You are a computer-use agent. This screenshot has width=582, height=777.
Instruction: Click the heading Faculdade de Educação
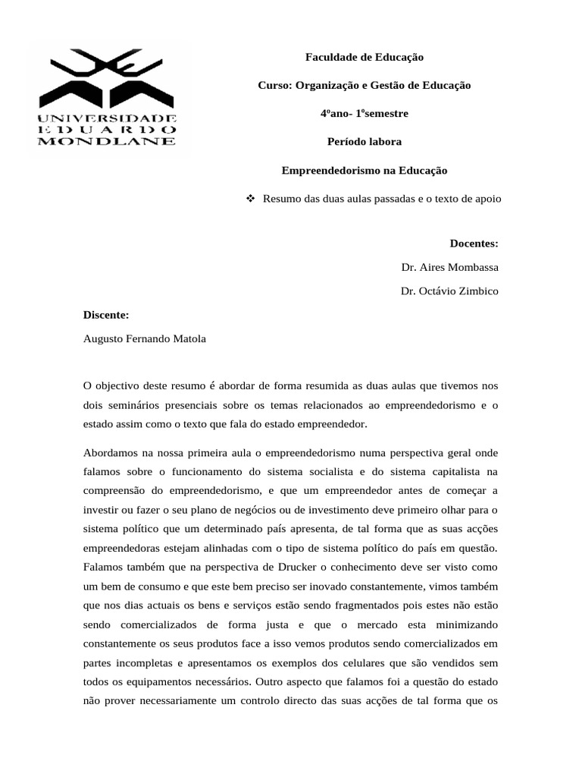click(364, 57)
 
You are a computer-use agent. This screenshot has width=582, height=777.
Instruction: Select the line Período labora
click(364, 142)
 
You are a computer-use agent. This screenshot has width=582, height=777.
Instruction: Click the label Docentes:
click(474, 244)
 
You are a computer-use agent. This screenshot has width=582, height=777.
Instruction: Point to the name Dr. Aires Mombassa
click(449, 267)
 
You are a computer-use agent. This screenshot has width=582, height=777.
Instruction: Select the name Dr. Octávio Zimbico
click(449, 291)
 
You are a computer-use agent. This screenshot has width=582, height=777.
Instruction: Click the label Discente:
click(106, 315)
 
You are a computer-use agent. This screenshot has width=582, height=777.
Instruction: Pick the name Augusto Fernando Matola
click(144, 339)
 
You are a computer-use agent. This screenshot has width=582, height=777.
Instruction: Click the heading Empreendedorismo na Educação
click(365, 171)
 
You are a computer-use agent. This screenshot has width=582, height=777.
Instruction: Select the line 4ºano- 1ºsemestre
click(364, 114)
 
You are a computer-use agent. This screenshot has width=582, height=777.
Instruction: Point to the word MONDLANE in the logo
click(108, 140)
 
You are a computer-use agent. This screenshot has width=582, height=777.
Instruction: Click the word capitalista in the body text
click(439, 472)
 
